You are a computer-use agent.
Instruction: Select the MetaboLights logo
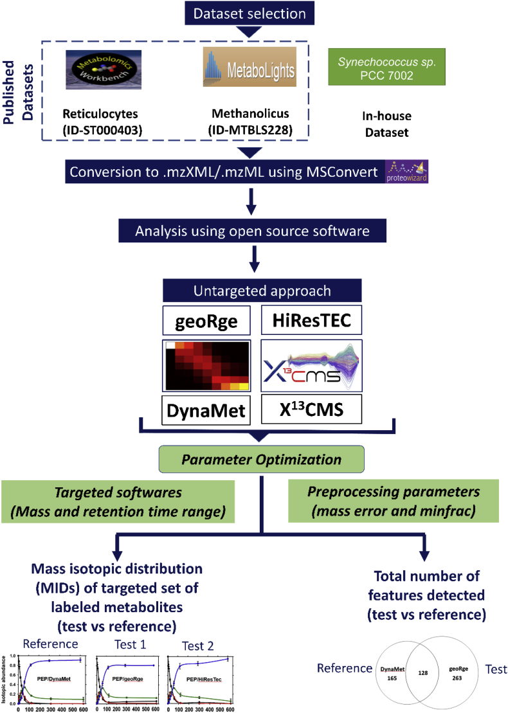(x=249, y=66)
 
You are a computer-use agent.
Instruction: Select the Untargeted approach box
(x=255, y=290)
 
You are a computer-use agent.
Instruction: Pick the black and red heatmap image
(x=206, y=365)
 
